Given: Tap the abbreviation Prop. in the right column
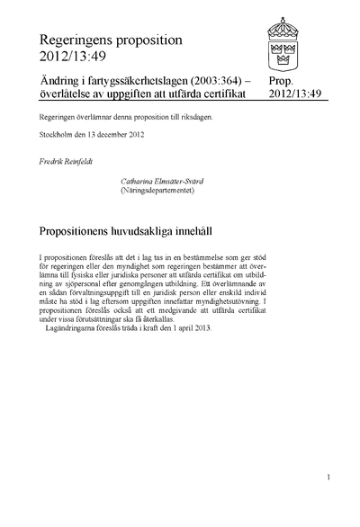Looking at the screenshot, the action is (283, 80).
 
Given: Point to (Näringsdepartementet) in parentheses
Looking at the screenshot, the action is (158, 190).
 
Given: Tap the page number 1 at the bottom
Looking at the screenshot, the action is (330, 478).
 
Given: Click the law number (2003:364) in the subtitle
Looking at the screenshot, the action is (213, 80).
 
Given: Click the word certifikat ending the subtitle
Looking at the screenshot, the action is (230, 93).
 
